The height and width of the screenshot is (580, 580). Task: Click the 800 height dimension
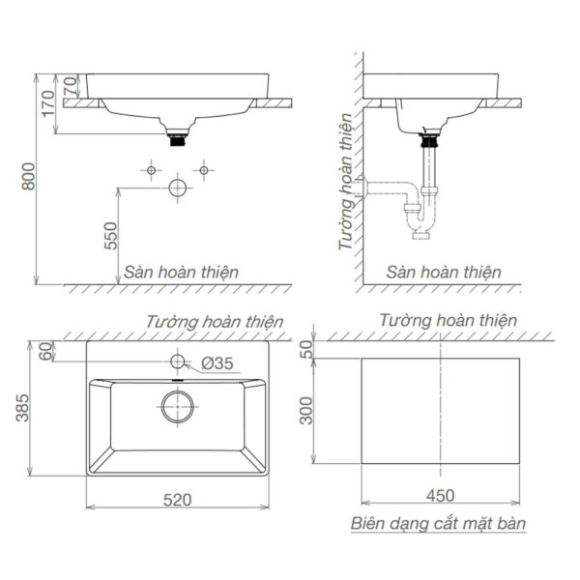29,180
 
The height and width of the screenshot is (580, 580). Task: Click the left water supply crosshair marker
151,170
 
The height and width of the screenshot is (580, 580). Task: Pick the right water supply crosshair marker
203,170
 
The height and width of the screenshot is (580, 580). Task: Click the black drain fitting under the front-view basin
177,139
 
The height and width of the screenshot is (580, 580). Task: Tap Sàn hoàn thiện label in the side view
444,272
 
